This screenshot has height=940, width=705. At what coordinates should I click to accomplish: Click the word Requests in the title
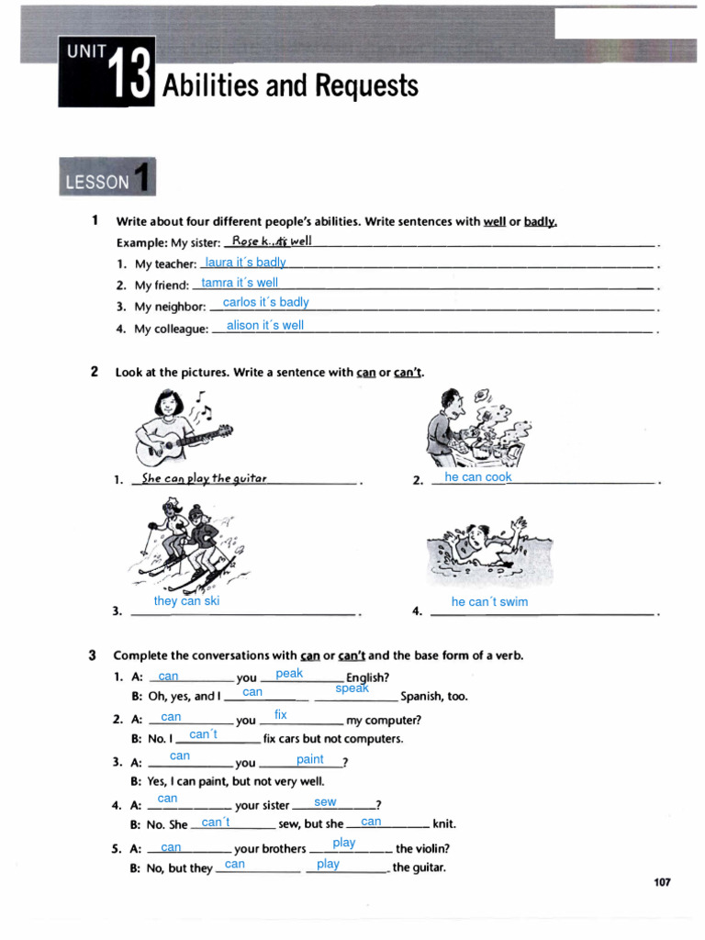tap(366, 86)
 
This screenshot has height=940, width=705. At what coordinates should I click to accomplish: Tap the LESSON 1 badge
tap(106, 178)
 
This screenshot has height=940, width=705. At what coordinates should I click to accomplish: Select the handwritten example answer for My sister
tap(272, 241)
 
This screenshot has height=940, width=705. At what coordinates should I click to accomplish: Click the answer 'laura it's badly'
tap(245, 263)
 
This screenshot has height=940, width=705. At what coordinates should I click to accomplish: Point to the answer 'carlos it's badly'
tap(265, 302)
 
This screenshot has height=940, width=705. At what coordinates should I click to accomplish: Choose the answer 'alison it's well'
tap(264, 325)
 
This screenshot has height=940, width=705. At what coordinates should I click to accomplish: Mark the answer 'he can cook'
tap(477, 477)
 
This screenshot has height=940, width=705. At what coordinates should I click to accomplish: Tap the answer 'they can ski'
tap(186, 601)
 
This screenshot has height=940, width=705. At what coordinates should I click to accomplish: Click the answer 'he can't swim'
tap(489, 602)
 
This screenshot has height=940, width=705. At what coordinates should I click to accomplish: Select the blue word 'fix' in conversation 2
tap(281, 714)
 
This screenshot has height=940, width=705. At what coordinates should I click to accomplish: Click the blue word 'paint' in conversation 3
tap(310, 759)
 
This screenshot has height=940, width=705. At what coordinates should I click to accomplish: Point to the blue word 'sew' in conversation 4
tap(325, 801)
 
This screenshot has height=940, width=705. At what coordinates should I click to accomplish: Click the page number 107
tap(661, 882)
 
